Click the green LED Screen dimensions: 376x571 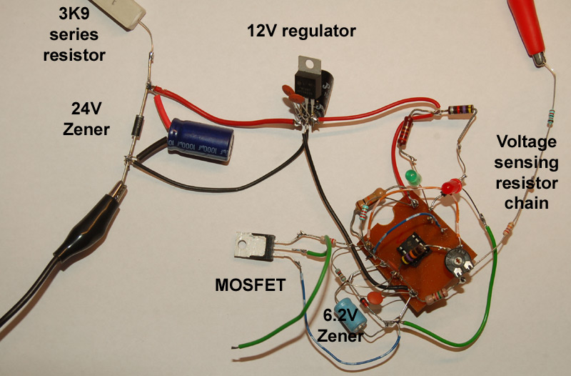click(x=410, y=175)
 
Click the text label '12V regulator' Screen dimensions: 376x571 click(x=300, y=31)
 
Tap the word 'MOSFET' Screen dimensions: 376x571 click(x=250, y=287)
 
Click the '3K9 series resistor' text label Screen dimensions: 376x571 click(x=78, y=34)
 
